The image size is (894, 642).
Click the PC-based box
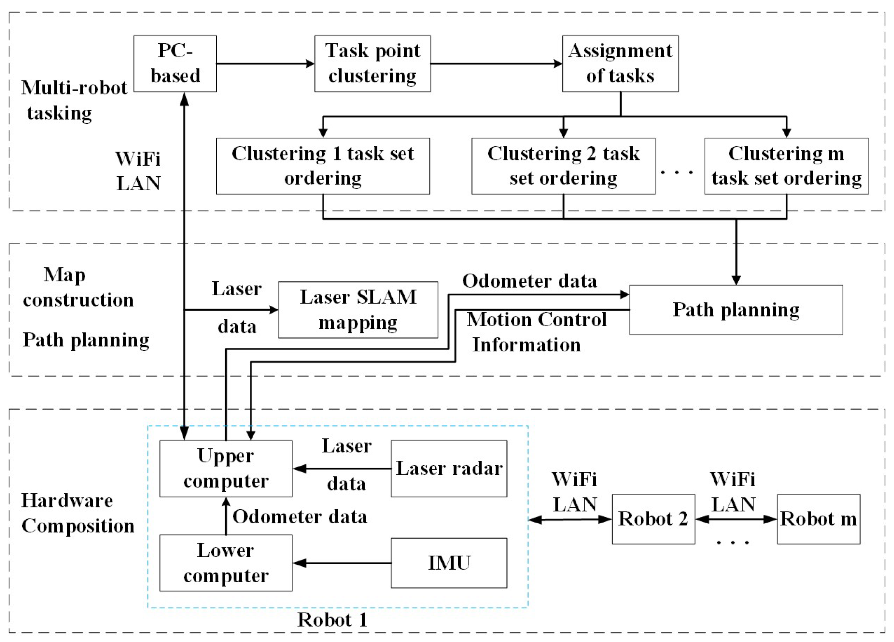click(175, 64)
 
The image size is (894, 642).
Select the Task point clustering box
click(372, 64)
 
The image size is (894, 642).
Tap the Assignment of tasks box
click(620, 64)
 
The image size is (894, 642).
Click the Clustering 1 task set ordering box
click(322, 166)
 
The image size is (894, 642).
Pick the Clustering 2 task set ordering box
click(563, 166)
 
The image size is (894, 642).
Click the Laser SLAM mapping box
click(358, 310)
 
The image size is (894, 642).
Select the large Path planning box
click(736, 310)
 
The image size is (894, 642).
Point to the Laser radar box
click(448, 468)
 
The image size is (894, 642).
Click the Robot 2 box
click(653, 519)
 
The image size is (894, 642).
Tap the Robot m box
click(818, 519)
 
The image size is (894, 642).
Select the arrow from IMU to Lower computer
click(341, 563)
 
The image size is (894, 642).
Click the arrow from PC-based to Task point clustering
click(265, 64)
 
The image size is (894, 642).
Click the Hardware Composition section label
click(77, 513)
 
